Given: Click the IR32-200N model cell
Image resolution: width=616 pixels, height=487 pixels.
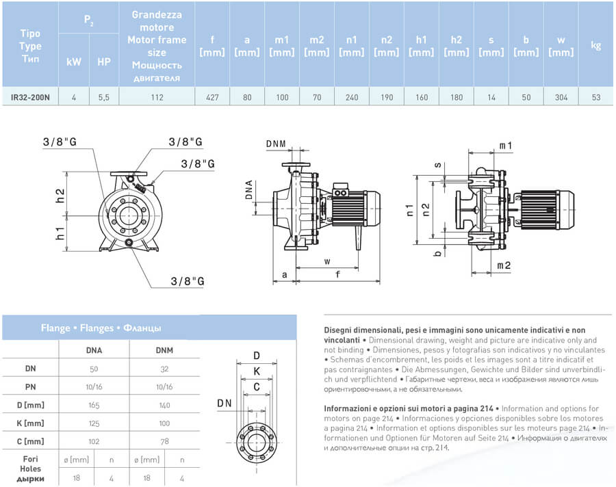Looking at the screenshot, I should pos(30,98).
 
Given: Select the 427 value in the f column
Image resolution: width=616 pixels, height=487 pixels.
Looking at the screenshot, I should pos(212,98).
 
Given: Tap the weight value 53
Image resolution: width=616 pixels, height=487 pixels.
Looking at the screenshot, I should pos(596,98).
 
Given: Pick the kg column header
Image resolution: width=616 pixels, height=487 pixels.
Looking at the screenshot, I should pos(596,46).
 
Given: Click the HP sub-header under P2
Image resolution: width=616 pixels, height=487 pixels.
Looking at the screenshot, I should pos(104,62).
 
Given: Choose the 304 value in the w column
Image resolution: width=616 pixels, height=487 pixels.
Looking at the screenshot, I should pos(561,98).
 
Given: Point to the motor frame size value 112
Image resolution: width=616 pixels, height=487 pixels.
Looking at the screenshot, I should pos(157,98).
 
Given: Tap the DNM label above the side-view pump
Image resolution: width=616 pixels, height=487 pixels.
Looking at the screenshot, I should pos(277,144).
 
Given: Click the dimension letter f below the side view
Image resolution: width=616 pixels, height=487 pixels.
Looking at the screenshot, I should pos(338,275).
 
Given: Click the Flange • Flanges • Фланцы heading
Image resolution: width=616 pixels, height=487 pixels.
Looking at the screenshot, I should pos(101,328).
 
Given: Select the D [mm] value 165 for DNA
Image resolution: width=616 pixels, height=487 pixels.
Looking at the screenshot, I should pos(94,405).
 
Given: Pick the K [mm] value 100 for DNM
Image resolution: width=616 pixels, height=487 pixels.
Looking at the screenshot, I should pos(164,423).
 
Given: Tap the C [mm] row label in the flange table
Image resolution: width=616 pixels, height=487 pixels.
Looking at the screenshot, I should pos(30,441).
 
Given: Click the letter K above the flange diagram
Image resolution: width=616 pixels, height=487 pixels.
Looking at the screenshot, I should pos(257,371).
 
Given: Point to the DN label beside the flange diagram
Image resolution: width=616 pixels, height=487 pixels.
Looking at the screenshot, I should pos(224,404).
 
